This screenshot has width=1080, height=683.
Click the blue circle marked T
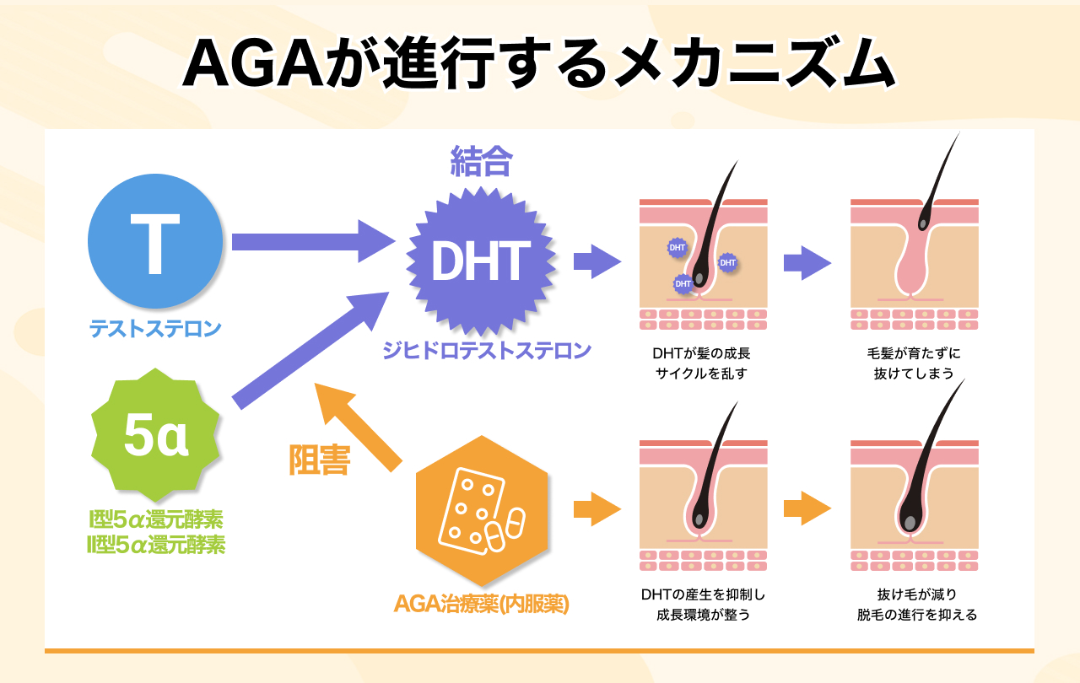(156, 242)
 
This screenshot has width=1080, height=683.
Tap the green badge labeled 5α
(156, 435)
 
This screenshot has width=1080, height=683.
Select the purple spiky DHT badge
(481, 261)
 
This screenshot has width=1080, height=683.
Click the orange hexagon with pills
(482, 511)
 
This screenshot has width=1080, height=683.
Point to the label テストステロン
(156, 328)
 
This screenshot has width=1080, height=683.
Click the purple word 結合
(481, 162)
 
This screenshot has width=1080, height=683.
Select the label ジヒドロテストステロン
(488, 350)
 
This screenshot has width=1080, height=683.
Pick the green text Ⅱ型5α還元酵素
(156, 545)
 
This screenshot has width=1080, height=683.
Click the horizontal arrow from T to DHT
(308, 241)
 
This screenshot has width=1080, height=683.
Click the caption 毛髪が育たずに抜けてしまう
(914, 363)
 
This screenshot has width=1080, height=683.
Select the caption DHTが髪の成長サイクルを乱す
(703, 363)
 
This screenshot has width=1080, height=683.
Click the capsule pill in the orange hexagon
(505, 528)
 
